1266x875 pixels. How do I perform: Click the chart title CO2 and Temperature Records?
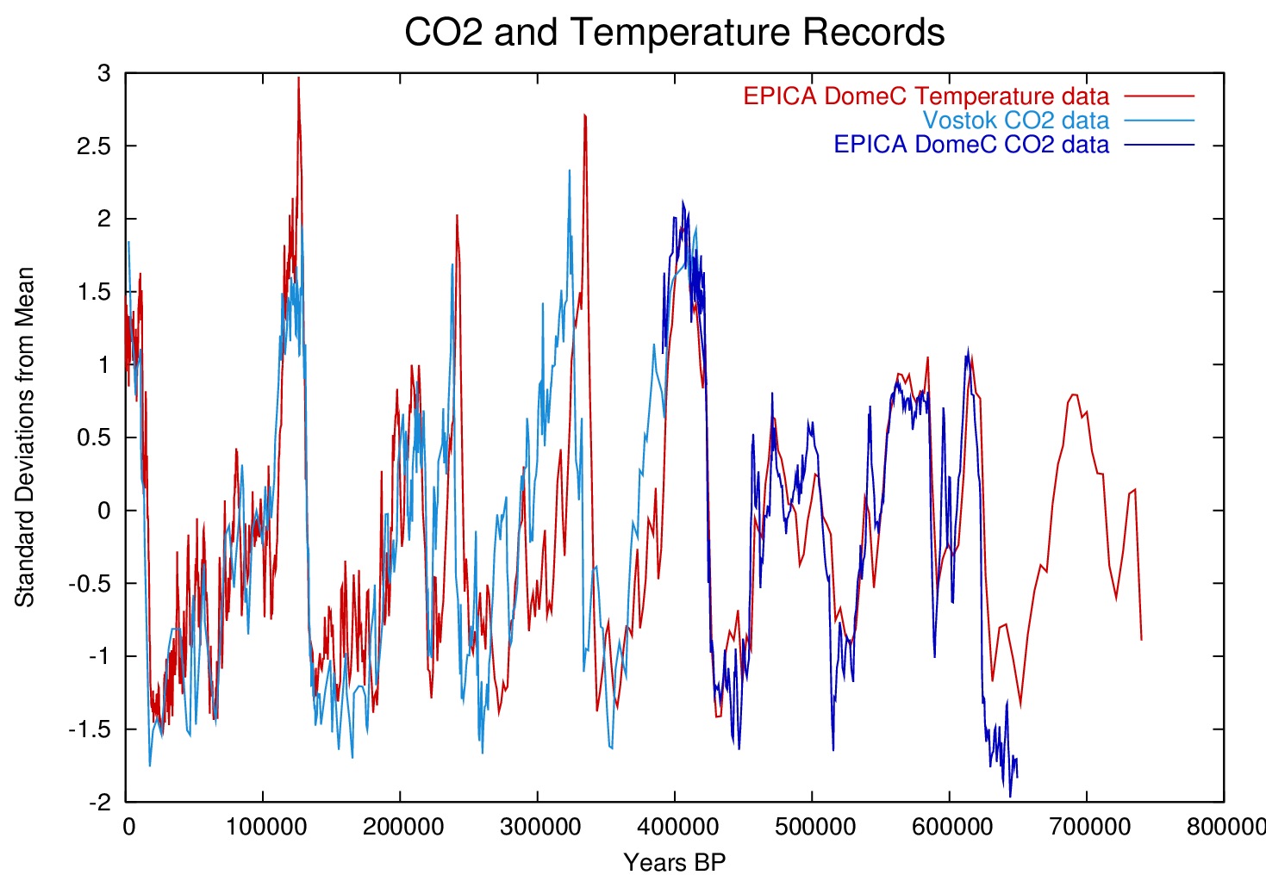point(674,33)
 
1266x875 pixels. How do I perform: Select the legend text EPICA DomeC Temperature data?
point(926,96)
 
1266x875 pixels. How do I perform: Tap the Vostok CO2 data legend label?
point(1015,120)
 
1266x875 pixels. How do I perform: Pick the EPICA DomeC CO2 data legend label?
point(970,144)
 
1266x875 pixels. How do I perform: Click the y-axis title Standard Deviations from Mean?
point(25,437)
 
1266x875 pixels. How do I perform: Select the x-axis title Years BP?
point(674,861)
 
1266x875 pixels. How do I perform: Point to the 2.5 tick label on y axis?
point(93,146)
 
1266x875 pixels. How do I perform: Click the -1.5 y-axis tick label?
point(90,729)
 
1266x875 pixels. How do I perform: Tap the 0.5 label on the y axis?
point(93,437)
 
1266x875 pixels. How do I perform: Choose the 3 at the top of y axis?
point(104,74)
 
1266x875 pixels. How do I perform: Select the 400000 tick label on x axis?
point(675,827)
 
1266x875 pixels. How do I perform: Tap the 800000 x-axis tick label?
point(1224,827)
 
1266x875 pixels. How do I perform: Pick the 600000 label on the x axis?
point(950,827)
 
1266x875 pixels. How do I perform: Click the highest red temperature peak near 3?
point(298,78)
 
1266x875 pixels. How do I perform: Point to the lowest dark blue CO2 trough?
point(1010,796)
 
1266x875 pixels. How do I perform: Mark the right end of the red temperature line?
point(1141,639)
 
